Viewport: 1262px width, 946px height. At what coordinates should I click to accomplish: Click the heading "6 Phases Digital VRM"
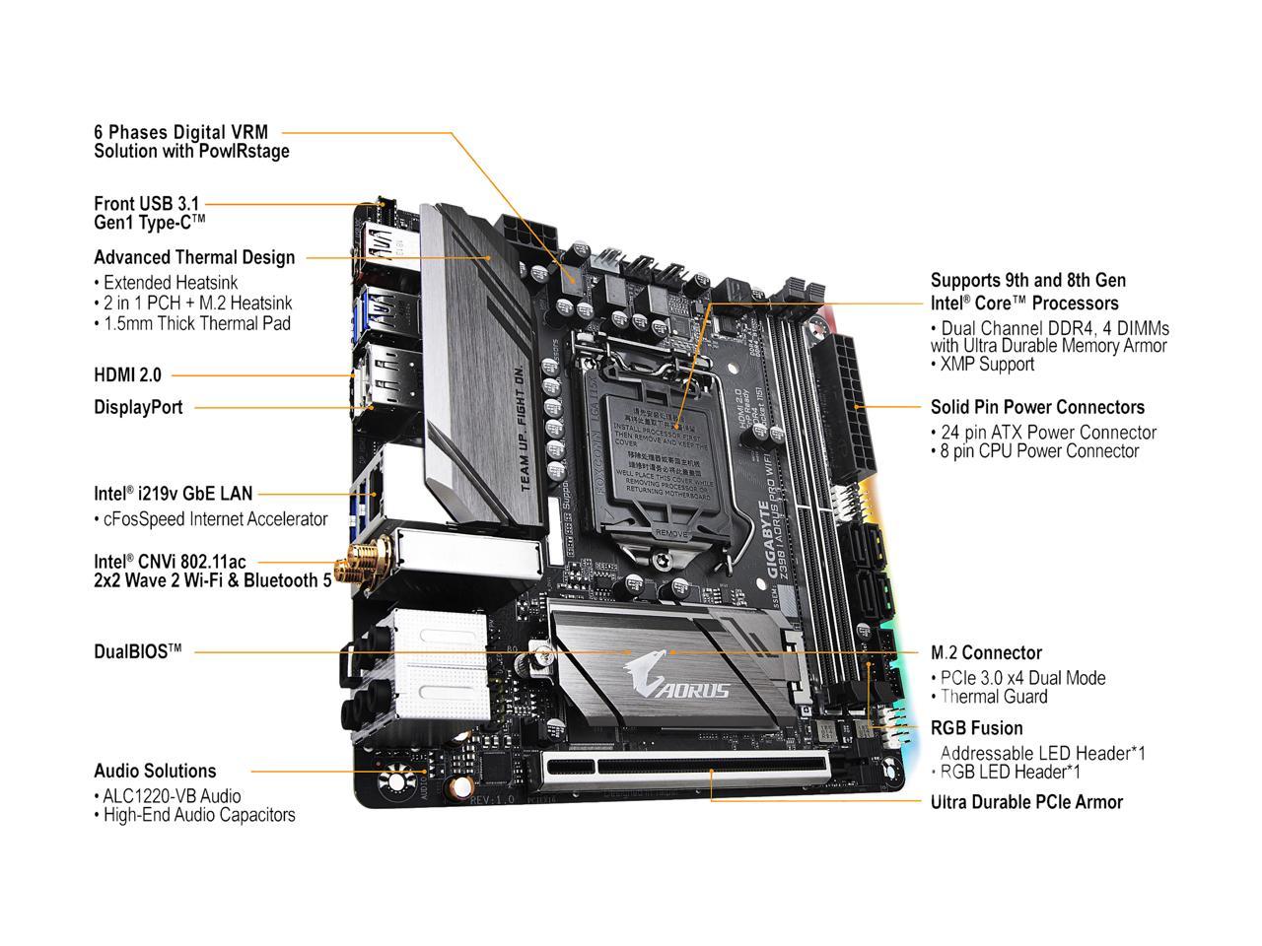point(180,131)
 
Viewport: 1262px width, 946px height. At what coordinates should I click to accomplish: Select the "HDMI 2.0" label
point(127,374)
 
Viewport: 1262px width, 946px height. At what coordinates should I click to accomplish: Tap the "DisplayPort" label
point(138,407)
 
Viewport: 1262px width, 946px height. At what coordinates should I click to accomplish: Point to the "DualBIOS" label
point(137,651)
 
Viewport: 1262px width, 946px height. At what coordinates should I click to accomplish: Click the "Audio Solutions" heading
point(155,771)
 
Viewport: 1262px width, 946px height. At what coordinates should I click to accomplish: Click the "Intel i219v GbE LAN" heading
point(173,494)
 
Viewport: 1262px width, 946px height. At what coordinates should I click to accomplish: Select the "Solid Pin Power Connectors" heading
point(1037,407)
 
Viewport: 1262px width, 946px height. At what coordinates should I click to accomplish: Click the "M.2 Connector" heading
point(986,652)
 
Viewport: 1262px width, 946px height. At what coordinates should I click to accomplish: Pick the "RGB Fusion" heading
point(976,728)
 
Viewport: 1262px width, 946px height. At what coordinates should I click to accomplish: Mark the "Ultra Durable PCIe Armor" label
point(1026,802)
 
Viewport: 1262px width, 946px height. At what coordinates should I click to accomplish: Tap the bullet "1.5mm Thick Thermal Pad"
point(196,323)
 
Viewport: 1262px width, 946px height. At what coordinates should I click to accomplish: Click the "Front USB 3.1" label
point(146,203)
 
